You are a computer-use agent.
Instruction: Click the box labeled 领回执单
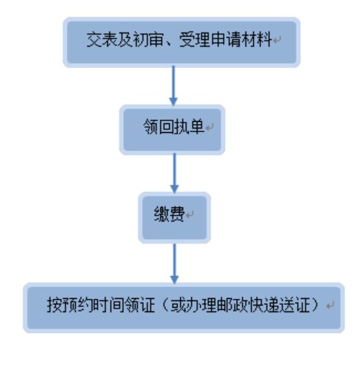coord(173,130)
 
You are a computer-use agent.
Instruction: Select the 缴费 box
coord(175,218)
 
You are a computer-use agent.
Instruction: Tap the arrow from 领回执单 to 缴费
coord(175,173)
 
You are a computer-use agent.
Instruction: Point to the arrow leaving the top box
coord(173,86)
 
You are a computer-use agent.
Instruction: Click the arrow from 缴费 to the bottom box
coord(175,264)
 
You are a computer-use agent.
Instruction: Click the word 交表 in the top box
coord(102,40)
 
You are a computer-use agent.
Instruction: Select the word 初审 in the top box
coord(148,40)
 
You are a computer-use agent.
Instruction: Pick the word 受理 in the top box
coord(194,40)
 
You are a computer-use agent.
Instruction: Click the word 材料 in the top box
coord(257,40)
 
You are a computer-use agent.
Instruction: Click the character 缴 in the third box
coord(162,214)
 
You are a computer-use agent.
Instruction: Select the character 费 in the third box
coord(177,214)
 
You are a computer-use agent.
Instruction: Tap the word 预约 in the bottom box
coord(77,305)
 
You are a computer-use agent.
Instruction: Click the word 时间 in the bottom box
coord(108,305)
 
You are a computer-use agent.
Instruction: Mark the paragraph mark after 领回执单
coord(210,128)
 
